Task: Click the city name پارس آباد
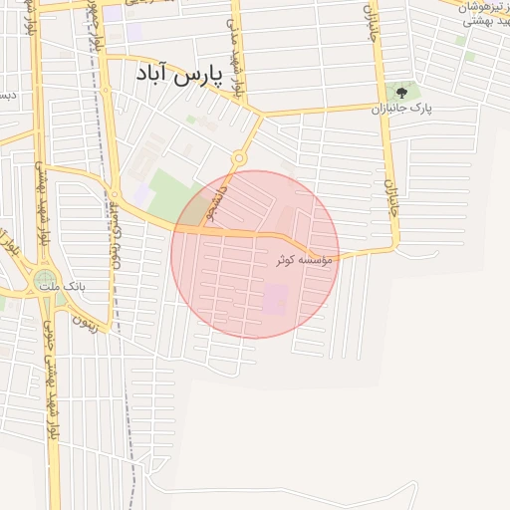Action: (178, 75)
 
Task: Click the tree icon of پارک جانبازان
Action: (401, 93)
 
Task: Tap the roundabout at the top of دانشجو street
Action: (239, 159)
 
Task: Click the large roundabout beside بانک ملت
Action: (43, 282)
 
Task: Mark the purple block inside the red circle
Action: (274, 297)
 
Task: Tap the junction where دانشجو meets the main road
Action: (202, 229)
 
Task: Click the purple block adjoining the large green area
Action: (142, 195)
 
